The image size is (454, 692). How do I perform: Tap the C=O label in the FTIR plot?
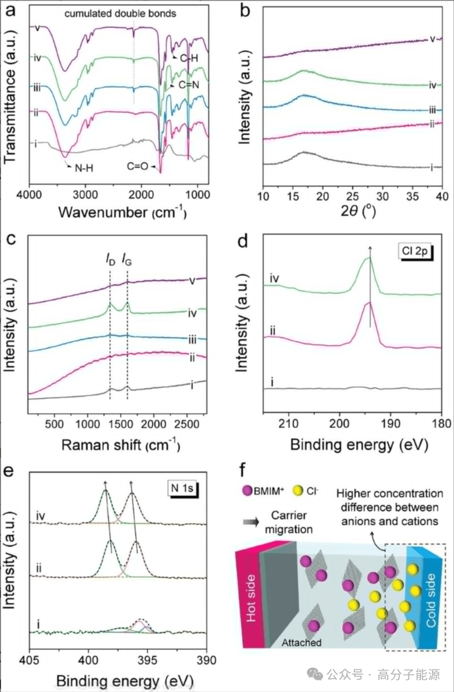coord(137,167)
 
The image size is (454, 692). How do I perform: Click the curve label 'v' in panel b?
coord(432,39)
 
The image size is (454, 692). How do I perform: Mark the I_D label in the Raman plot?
coord(111,261)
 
